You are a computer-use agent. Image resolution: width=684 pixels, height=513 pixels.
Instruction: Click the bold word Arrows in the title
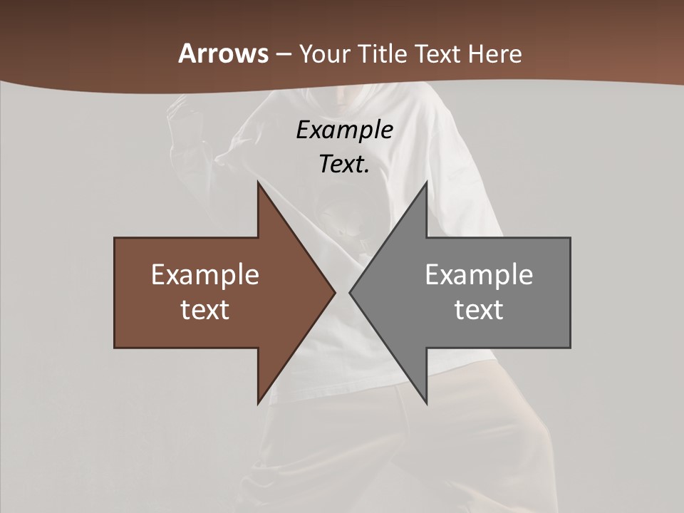[222, 53]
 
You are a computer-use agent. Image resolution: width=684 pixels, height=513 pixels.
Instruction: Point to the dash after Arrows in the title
[283, 54]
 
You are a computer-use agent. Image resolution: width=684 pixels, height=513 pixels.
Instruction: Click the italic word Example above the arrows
[345, 130]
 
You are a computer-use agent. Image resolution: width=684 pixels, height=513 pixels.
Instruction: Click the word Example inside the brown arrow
[205, 275]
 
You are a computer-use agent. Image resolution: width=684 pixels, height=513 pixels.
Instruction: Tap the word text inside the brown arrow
[205, 309]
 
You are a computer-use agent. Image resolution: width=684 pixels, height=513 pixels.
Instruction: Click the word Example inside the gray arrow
[479, 275]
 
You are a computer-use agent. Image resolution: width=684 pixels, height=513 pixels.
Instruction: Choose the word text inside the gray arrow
[479, 309]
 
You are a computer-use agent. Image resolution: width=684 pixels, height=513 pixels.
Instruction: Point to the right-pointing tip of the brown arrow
[335, 292]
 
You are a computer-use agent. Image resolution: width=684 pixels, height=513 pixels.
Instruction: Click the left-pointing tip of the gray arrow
[350, 292]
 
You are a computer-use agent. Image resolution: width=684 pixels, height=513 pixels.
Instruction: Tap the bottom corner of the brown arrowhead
[258, 403]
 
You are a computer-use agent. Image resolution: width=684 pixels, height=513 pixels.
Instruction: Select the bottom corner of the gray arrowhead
[426, 403]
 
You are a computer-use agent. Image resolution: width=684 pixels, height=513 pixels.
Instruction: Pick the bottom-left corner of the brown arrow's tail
[115, 348]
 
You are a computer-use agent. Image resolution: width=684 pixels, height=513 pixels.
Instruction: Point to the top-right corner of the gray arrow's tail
[570, 238]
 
